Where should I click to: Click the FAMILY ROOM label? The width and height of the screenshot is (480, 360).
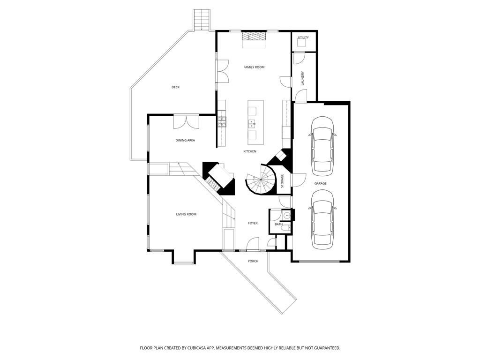[x=254, y=67]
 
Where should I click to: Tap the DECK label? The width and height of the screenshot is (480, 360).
[x=175, y=87]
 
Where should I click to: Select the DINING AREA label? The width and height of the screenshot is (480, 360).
[x=185, y=140]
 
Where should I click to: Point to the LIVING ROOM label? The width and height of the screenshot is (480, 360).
[x=186, y=214]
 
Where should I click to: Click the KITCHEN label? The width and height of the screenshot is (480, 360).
[x=249, y=151]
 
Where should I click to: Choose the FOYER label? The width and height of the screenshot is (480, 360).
[x=253, y=223]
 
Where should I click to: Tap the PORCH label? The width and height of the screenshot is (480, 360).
[x=253, y=261]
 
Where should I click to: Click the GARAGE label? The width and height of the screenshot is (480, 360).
[x=321, y=183]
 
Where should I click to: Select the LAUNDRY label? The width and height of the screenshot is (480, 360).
[x=303, y=78]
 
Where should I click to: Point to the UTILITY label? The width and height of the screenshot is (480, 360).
[x=303, y=37]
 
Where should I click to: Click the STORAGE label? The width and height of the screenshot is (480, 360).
[x=282, y=181]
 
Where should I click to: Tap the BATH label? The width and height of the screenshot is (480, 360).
[x=278, y=225]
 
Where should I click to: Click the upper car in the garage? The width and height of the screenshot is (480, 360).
[x=322, y=144]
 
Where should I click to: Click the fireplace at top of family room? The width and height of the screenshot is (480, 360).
[x=254, y=39]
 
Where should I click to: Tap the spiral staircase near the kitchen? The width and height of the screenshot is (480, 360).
[x=260, y=182]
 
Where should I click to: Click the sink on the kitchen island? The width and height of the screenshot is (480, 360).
[x=252, y=124]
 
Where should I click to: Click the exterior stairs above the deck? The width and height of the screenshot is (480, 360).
[x=201, y=19]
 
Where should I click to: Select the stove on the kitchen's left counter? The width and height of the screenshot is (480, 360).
[x=221, y=122]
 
